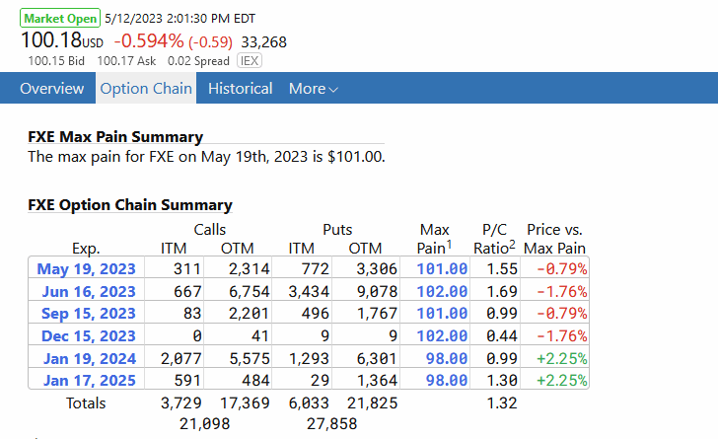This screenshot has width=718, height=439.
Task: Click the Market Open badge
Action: (59, 19)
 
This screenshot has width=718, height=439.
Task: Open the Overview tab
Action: (51, 89)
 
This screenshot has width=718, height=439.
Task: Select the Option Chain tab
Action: (146, 89)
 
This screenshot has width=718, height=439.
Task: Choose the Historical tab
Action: (240, 89)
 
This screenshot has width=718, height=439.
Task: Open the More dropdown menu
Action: (313, 89)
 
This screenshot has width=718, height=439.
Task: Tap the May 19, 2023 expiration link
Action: (87, 267)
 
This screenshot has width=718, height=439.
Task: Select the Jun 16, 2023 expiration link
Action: (87, 291)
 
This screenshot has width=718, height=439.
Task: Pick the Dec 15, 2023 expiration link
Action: (87, 335)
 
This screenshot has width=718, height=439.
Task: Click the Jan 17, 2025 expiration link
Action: (87, 380)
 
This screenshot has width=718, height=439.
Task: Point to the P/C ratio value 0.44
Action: (502, 335)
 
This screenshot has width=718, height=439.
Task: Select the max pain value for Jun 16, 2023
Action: (443, 291)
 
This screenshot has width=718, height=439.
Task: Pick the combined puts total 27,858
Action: (330, 423)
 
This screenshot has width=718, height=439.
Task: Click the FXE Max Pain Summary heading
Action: (115, 137)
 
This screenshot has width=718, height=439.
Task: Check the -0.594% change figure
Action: (148, 40)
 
